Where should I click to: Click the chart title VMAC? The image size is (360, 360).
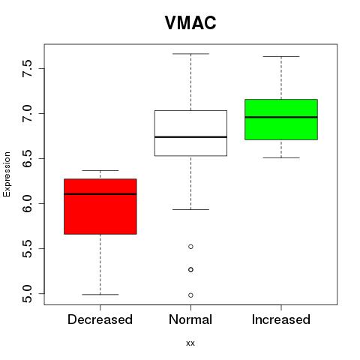190,22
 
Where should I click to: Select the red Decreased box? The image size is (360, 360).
100,206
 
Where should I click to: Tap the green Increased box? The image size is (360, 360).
281,119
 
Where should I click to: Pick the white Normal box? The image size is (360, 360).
190,133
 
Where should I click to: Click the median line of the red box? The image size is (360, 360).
100,194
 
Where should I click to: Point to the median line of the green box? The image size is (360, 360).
281,117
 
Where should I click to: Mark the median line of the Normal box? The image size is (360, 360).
190,137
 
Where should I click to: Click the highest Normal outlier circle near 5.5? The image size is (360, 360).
190,247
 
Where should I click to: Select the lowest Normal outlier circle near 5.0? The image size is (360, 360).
190,295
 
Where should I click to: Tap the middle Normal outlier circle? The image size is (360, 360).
190,270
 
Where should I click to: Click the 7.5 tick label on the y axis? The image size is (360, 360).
27,68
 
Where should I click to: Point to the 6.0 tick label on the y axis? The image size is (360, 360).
27,203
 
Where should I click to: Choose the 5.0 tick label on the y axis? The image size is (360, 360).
27,293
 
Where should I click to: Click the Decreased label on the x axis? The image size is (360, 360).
100,319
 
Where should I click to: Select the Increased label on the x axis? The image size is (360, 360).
281,319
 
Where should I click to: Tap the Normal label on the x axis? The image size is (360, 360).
190,319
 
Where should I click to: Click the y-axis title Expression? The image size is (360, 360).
7,174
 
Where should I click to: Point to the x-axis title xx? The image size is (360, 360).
190,343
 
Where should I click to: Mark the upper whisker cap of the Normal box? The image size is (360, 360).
190,54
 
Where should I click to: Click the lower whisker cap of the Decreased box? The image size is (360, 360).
100,295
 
